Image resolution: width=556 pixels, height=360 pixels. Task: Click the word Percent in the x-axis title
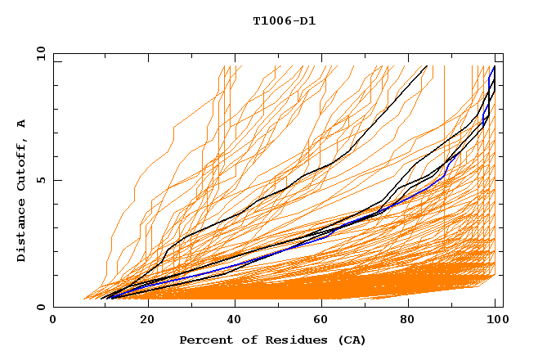(x=204, y=340)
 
